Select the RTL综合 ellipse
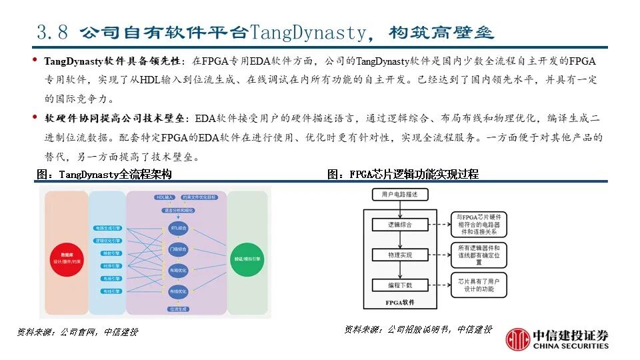click(x=178, y=228)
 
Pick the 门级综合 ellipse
click(x=178, y=249)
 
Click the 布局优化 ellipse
click(x=178, y=271)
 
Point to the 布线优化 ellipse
click(x=178, y=291)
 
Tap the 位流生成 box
click(x=178, y=308)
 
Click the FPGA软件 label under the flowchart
click(x=400, y=302)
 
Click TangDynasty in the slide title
click(x=308, y=31)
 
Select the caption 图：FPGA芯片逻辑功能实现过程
click(x=403, y=175)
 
